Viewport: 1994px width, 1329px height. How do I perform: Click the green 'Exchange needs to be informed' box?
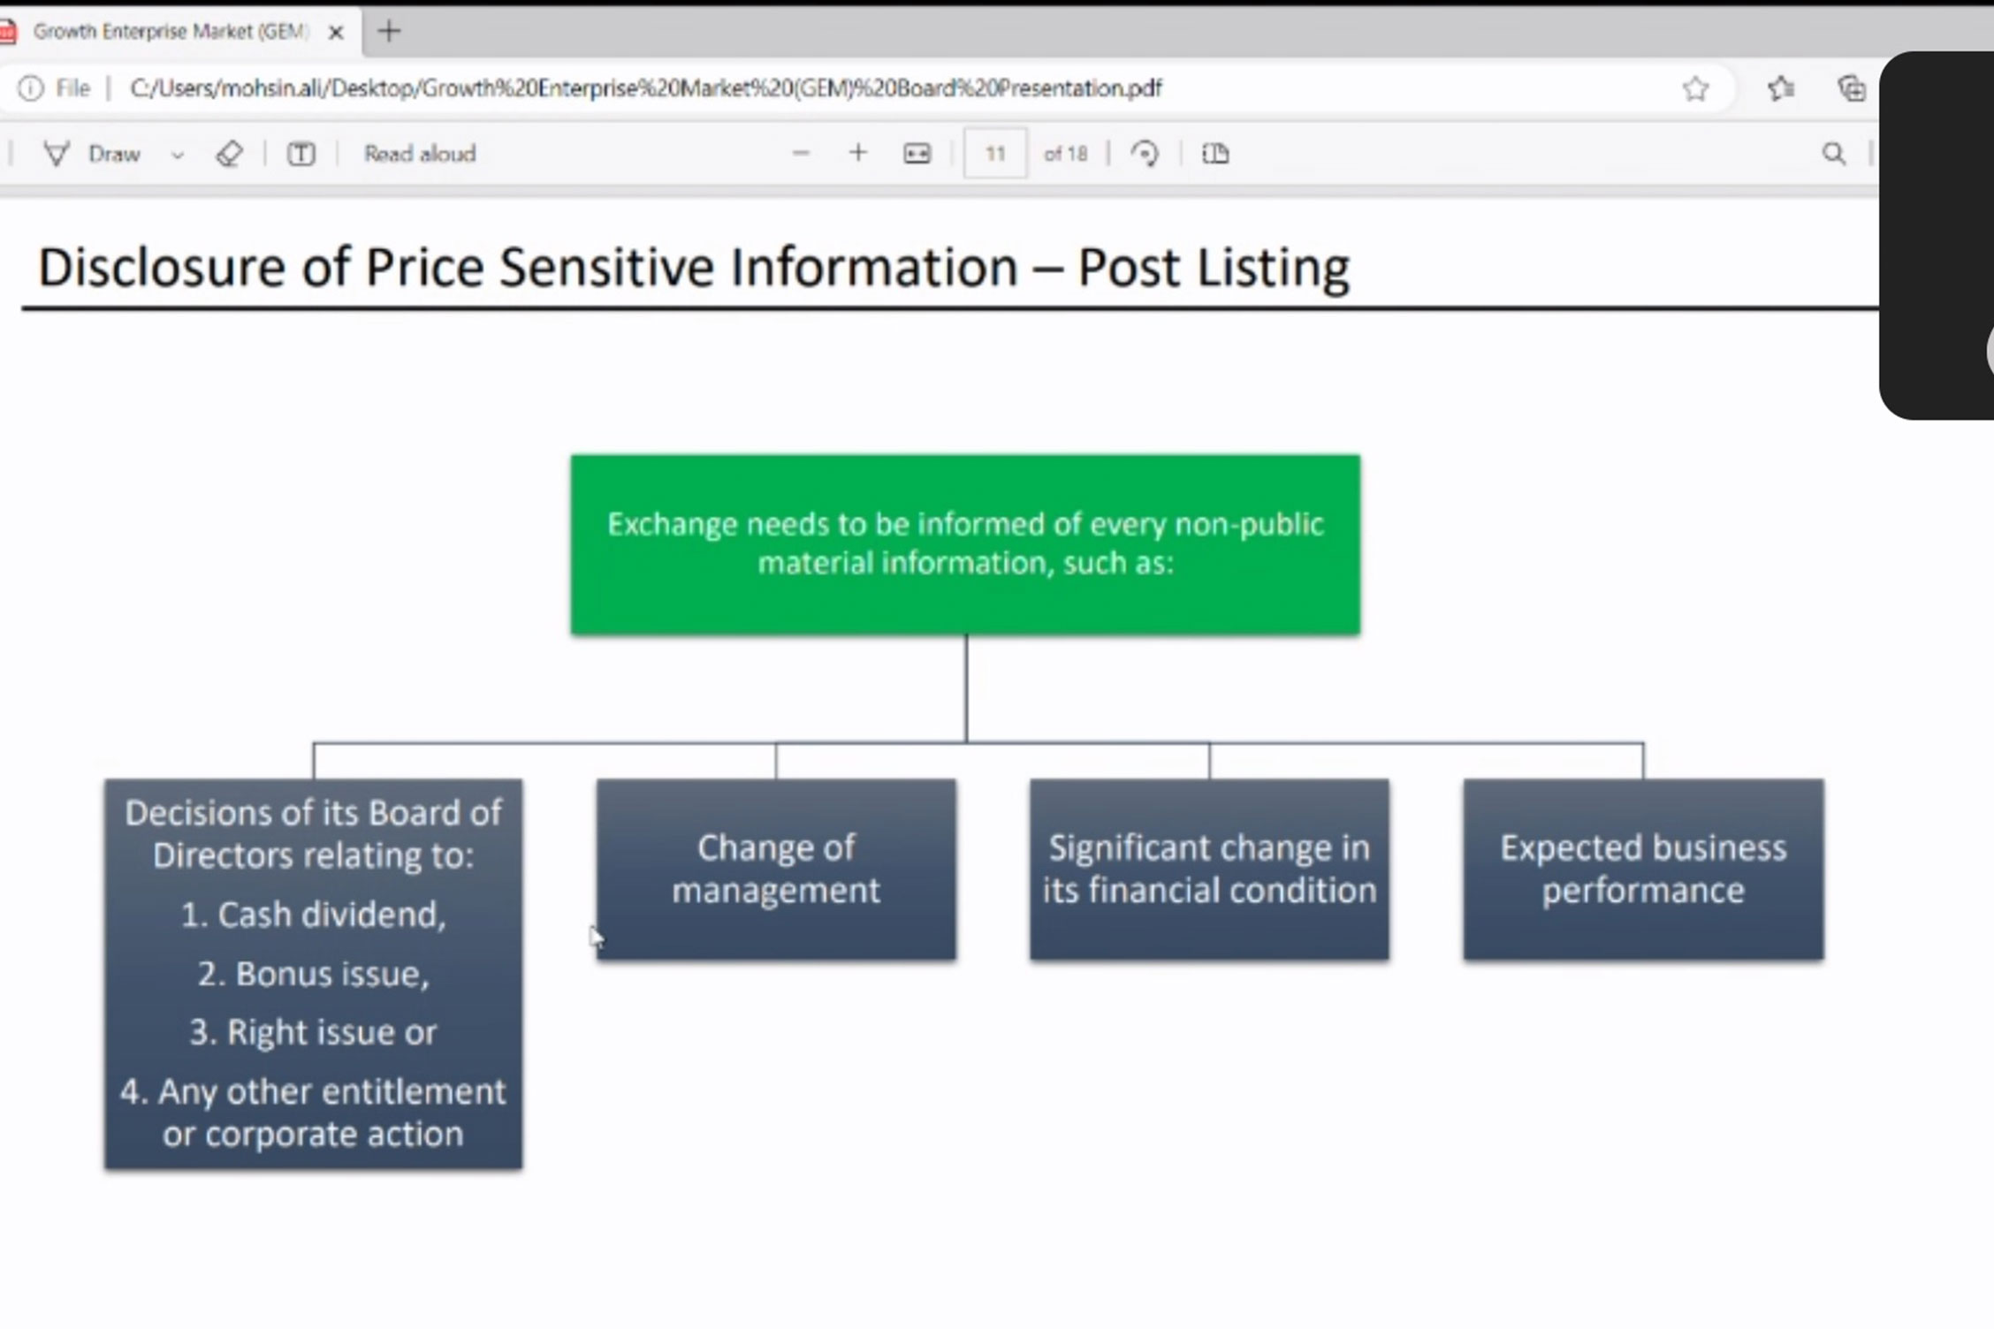pyautogui.click(x=965, y=544)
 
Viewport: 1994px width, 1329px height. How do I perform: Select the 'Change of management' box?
pyautogui.click(x=776, y=870)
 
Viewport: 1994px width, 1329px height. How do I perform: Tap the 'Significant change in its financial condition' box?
pyautogui.click(x=1209, y=870)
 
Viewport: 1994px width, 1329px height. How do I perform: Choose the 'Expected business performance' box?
pyautogui.click(x=1643, y=870)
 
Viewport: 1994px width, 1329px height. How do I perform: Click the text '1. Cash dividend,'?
pyautogui.click(x=313, y=915)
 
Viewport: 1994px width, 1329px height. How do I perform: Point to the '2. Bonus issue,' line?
pyautogui.click(x=313, y=974)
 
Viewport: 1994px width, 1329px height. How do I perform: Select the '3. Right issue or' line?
pyautogui.click(x=313, y=1032)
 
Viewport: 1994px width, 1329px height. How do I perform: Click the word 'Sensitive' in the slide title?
pyautogui.click(x=605, y=267)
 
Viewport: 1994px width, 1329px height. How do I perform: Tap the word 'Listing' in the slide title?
pyautogui.click(x=1273, y=268)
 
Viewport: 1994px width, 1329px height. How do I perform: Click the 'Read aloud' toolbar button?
pyautogui.click(x=420, y=154)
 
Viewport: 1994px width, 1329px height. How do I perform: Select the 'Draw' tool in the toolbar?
pyautogui.click(x=93, y=154)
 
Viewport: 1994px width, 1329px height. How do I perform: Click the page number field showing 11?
pyautogui.click(x=995, y=154)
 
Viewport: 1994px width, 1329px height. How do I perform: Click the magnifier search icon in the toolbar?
pyautogui.click(x=1834, y=154)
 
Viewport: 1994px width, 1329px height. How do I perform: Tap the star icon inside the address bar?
pyautogui.click(x=1695, y=88)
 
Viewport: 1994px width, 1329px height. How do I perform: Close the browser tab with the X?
pyautogui.click(x=336, y=33)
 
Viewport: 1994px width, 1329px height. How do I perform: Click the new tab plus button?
pyautogui.click(x=389, y=32)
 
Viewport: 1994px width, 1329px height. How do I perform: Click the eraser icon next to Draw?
pyautogui.click(x=229, y=154)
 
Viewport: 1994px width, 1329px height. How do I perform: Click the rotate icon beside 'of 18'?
pyautogui.click(x=1145, y=154)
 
